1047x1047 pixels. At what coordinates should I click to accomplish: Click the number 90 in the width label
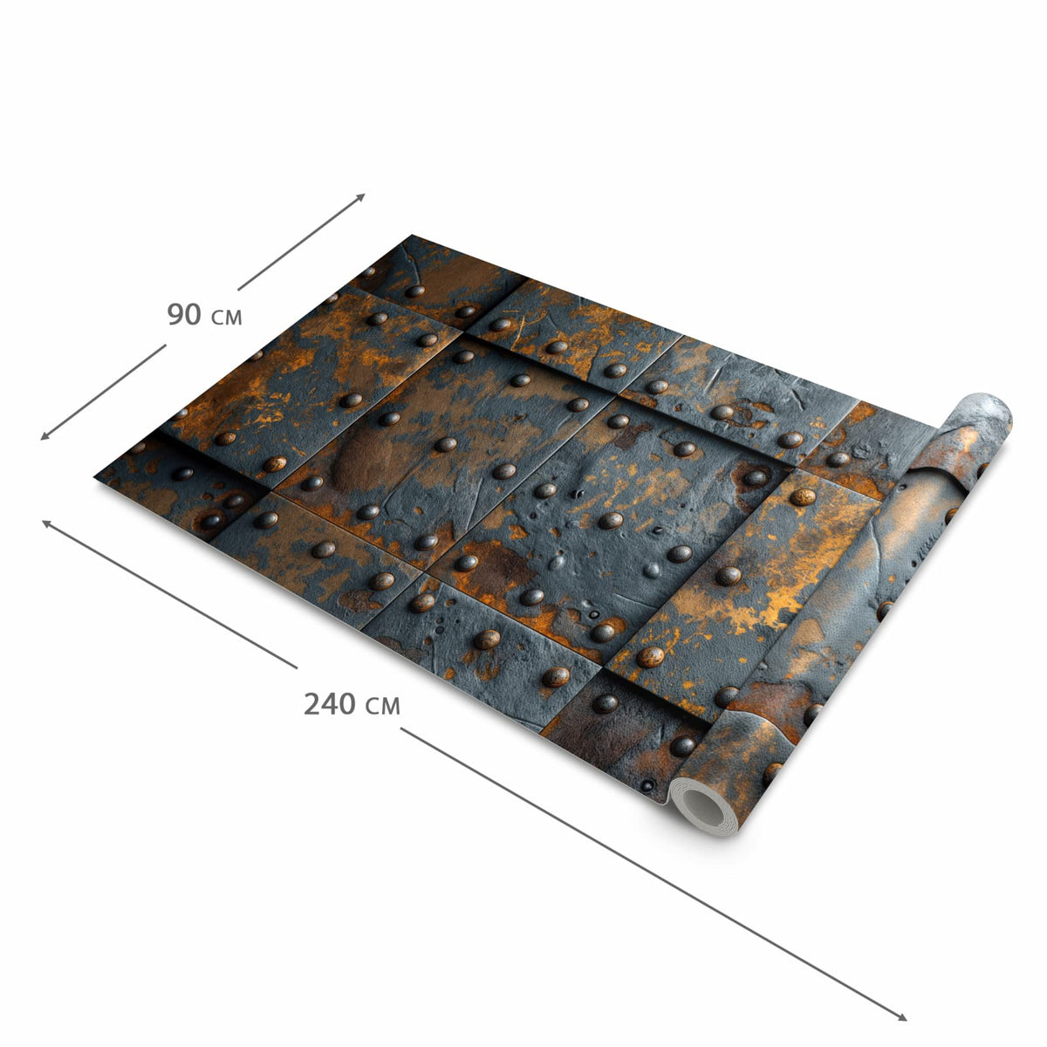(184, 314)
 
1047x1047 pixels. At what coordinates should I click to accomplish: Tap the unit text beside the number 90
(226, 318)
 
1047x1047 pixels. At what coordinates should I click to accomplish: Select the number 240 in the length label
(330, 703)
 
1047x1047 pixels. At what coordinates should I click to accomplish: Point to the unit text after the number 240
(382, 707)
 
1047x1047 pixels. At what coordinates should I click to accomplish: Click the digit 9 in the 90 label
(175, 314)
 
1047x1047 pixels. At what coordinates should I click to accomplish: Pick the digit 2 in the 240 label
(311, 703)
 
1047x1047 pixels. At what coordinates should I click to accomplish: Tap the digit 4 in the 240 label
(330, 703)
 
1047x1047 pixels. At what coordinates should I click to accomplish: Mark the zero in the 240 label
(348, 703)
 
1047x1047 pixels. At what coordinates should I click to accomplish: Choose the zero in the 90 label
(194, 314)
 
